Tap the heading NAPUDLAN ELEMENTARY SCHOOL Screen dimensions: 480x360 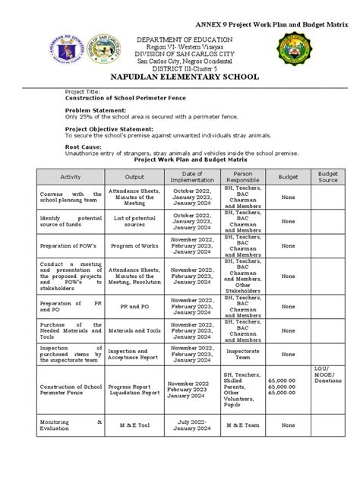(180, 77)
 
